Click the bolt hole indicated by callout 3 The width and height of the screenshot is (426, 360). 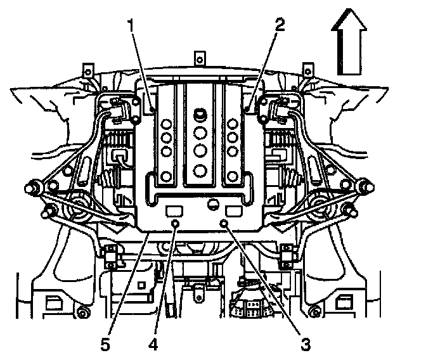(223, 222)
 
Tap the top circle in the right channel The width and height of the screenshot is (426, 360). (233, 122)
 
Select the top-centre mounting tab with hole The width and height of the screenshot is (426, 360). (199, 59)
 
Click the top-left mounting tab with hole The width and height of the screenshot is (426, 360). (88, 68)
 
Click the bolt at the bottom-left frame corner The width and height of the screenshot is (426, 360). (82, 312)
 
